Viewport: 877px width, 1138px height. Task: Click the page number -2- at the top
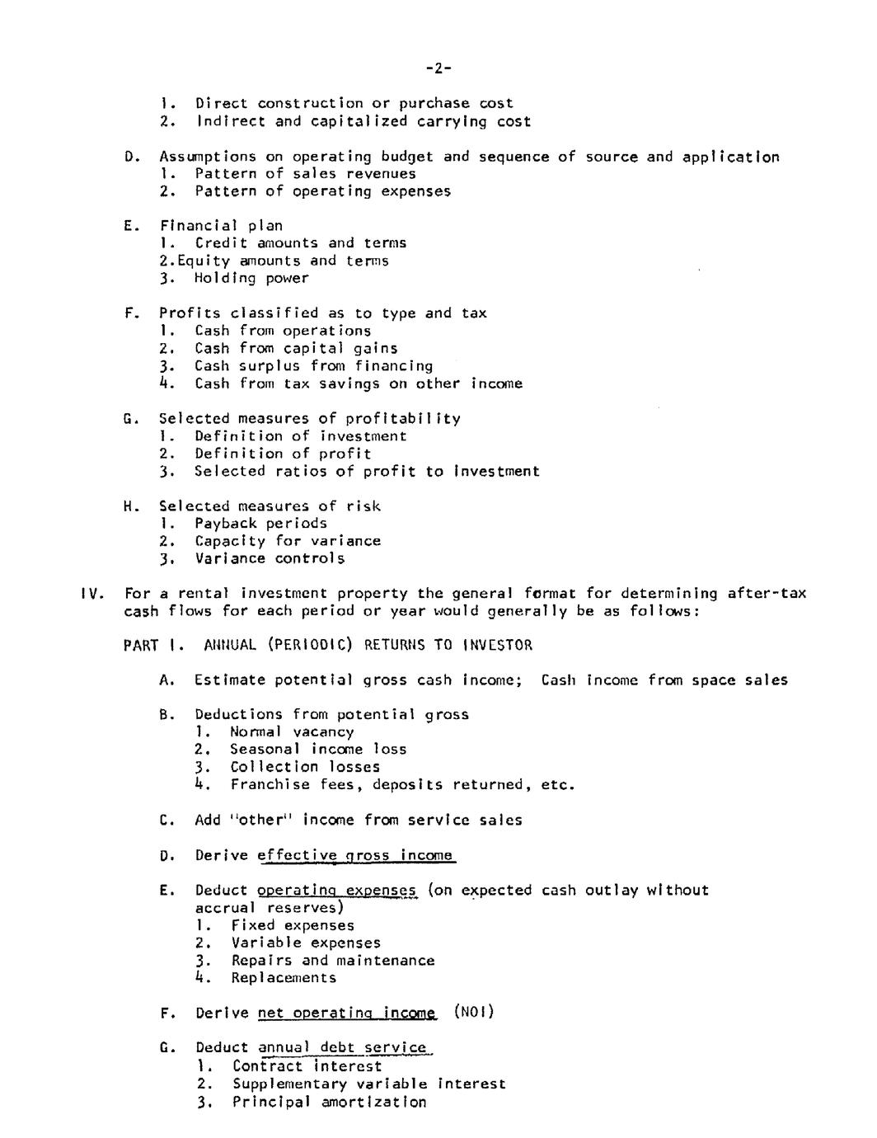438,68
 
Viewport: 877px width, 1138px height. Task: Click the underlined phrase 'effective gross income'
356,855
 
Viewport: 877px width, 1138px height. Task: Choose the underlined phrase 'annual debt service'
345,1048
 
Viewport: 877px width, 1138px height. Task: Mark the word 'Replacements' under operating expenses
284,978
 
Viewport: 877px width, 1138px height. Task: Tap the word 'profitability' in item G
403,418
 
